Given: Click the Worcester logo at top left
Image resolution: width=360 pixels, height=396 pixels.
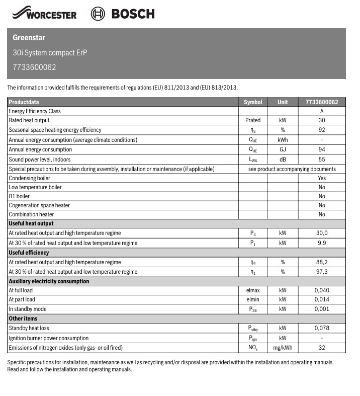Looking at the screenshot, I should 45,14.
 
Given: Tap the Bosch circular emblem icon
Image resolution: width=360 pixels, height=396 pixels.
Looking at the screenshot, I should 98,14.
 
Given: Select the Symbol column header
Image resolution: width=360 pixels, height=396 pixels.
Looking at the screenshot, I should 252,102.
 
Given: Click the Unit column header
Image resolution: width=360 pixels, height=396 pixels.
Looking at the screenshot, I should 283,102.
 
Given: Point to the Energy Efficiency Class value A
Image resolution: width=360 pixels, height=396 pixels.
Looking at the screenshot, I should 322,111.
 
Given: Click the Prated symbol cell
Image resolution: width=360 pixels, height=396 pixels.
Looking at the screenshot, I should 252,121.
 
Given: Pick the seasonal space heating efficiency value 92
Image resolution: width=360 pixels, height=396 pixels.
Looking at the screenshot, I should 322,130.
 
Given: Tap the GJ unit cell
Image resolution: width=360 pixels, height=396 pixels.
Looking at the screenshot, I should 283,149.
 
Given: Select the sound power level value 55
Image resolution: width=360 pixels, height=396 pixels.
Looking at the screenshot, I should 322,160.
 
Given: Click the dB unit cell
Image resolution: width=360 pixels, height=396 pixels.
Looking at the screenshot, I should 283,160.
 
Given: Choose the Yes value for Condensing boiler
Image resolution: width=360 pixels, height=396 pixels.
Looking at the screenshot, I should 322,178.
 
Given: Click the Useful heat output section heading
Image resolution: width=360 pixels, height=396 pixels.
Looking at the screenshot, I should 31,223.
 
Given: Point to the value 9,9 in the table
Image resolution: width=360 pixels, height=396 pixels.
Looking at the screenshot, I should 322,243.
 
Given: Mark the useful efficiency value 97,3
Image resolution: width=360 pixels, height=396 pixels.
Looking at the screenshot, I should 322,272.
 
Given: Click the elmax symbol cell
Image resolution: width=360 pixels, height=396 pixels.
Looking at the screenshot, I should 252,290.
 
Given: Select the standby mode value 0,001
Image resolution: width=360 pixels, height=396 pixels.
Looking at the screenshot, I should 322,309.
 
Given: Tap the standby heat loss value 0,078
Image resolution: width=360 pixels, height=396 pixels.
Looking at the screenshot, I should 322,328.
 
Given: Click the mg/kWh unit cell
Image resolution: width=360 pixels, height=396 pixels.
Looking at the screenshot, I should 283,348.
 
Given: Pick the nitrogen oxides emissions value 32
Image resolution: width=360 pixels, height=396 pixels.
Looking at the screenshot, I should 322,348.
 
